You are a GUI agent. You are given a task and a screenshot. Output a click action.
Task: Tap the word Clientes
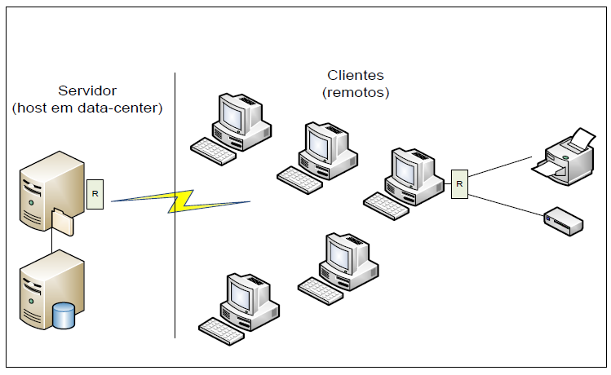pos(355,76)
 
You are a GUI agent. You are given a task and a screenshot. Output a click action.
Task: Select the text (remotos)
pos(356,92)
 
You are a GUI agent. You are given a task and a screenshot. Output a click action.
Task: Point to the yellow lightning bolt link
pos(181,201)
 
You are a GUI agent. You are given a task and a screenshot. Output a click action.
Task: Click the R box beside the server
pos(95,194)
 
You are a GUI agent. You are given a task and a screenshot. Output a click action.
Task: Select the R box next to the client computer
pos(459,183)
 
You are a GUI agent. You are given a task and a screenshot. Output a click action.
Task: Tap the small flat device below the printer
pos(564,221)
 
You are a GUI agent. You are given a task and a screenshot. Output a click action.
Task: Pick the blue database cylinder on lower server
pos(63,315)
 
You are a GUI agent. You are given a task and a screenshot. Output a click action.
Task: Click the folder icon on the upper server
pos(63,221)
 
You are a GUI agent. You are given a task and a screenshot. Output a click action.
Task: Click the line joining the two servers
pos(52,243)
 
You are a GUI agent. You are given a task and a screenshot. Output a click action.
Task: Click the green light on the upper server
pos(30,201)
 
